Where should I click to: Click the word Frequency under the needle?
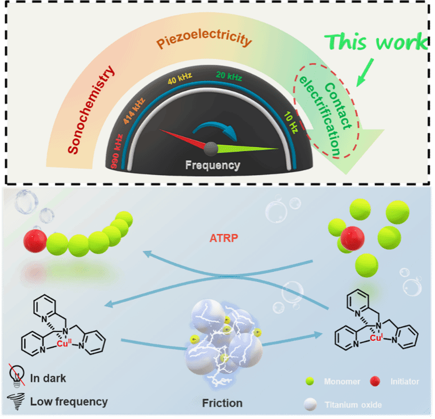click(213, 165)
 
